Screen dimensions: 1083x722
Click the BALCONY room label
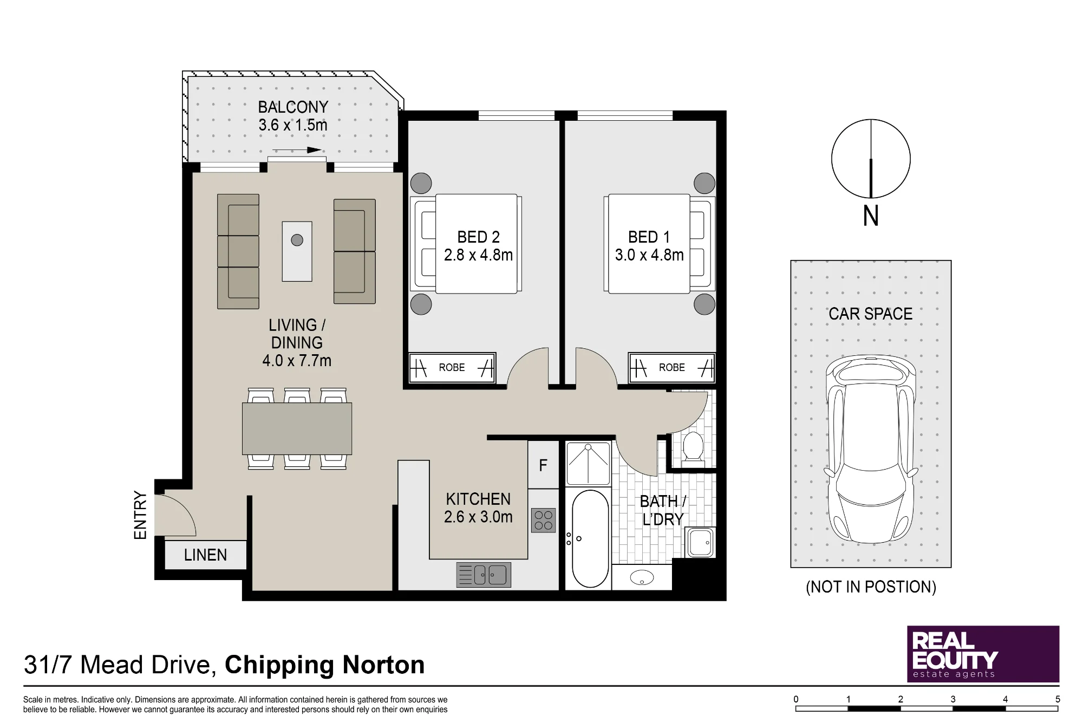(x=293, y=107)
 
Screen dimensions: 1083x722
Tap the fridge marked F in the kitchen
(x=543, y=465)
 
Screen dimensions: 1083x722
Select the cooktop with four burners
(x=543, y=520)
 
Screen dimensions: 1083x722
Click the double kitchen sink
(x=484, y=575)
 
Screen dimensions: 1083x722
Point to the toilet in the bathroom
(x=693, y=447)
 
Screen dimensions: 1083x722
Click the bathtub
(x=590, y=539)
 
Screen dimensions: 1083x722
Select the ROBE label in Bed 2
(x=452, y=368)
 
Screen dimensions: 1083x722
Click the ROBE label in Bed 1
(x=672, y=368)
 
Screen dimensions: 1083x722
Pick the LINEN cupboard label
(x=205, y=555)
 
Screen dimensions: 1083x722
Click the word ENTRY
(x=140, y=515)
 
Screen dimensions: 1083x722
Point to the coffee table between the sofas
(x=297, y=251)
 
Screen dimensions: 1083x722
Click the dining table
(x=297, y=428)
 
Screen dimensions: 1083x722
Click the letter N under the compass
(x=871, y=217)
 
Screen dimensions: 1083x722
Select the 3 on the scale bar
(x=952, y=699)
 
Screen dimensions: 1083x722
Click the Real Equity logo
(x=983, y=654)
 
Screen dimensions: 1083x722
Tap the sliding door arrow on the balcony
(x=296, y=151)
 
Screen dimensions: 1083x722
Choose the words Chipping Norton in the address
(x=324, y=665)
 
